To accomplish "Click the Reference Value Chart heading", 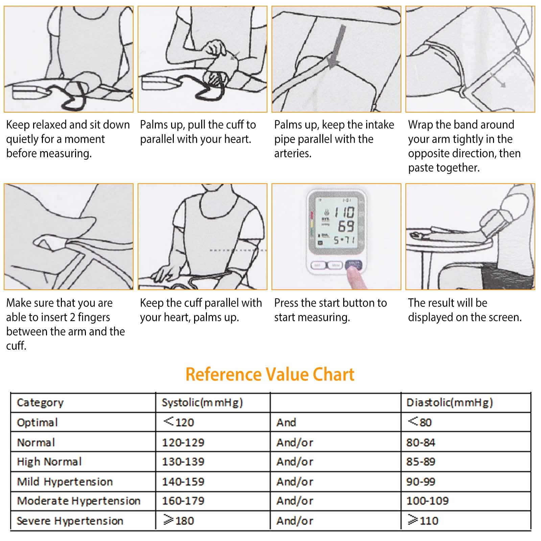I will pos(270,375).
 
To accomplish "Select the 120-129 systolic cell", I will pos(183,442).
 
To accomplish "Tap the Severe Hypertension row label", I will pos(70,521).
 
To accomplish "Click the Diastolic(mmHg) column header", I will pos(449,402).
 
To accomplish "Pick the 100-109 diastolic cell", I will pos(427,501).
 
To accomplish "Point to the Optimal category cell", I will pos(37,422).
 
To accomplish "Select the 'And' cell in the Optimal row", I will pos(286,422).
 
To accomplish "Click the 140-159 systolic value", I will pos(183,481).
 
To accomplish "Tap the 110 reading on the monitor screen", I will pos(344,213).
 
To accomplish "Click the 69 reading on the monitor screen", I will pos(346,226).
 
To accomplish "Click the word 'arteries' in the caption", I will pos(292,154).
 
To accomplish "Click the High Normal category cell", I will pos(49,462).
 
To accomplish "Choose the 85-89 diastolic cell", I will pos(421,462).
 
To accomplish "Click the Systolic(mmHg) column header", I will pos(202,402).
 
